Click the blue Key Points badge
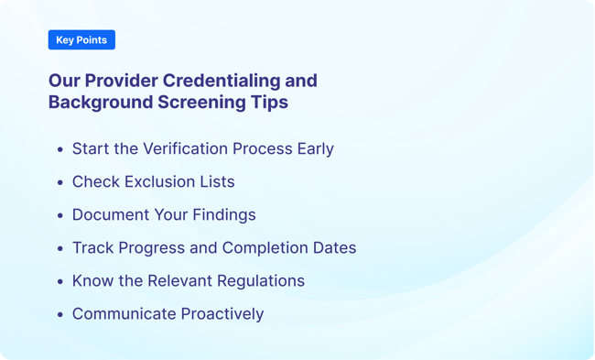[81, 40]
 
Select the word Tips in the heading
[270, 103]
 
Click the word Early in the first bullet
[314, 148]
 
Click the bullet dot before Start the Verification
[60, 149]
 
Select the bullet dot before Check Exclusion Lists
[60, 182]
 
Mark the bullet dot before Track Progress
[60, 248]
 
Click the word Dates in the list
[333, 247]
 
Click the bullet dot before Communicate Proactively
[60, 314]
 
